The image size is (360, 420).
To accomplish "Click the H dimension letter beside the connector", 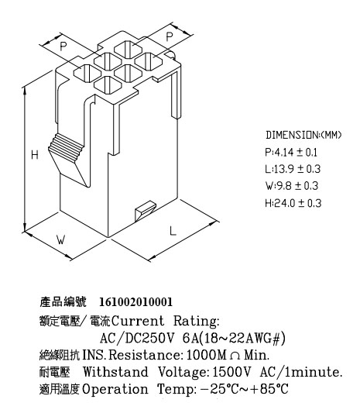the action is click(35, 155).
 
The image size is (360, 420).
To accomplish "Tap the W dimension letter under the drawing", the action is click(60, 239).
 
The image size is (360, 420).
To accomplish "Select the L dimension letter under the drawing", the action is click(173, 231).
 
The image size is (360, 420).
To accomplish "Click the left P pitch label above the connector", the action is click(63, 46).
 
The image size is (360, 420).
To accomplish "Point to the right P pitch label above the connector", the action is click(169, 36).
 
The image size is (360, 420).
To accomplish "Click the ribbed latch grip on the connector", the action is click(67, 147).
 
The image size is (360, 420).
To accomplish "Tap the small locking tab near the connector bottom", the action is click(146, 211).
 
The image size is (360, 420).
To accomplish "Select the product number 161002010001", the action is click(136, 302).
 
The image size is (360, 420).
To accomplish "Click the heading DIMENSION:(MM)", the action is click(303, 135).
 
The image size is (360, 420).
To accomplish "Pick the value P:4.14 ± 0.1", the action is click(291, 153).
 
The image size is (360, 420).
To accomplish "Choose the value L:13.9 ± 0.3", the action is click(293, 169).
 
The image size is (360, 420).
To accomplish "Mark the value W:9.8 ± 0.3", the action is click(292, 186).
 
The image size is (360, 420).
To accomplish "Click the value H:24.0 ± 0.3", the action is click(293, 203).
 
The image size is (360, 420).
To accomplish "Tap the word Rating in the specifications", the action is click(196, 321).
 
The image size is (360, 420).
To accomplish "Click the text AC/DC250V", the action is click(137, 339).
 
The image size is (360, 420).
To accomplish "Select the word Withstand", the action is click(115, 372).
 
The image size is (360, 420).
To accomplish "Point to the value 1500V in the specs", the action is click(231, 372).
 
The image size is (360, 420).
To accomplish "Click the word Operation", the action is click(115, 389).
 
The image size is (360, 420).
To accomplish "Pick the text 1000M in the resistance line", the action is click(207, 355).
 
